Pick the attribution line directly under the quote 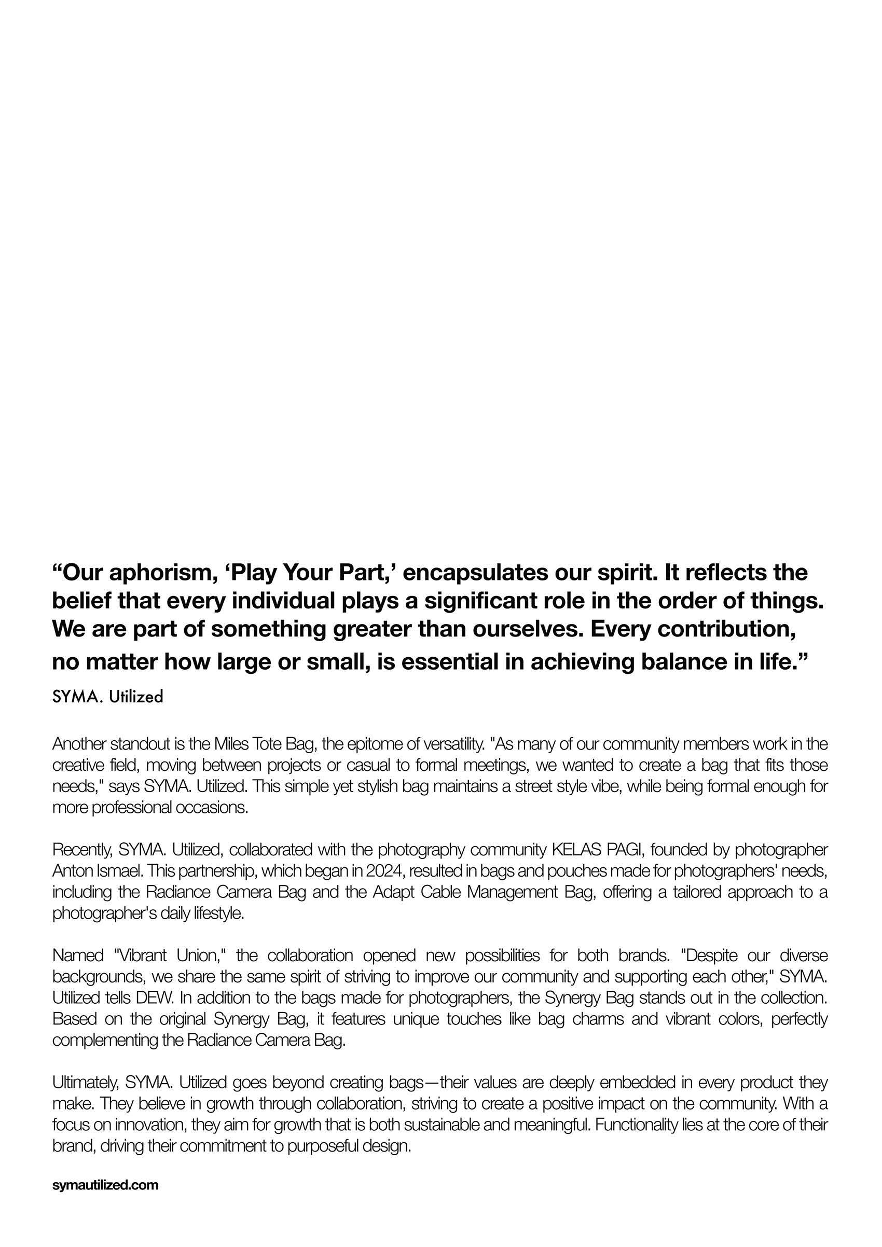[x=107, y=697]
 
